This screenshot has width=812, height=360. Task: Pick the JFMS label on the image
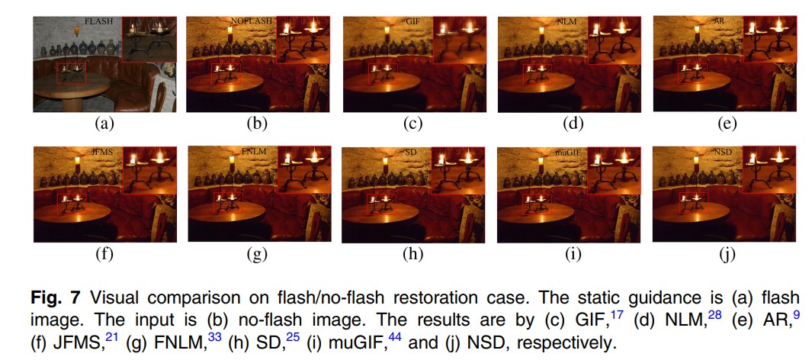point(101,152)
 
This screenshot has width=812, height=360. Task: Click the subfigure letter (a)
point(103,122)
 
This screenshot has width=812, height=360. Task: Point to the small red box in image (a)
point(71,74)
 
